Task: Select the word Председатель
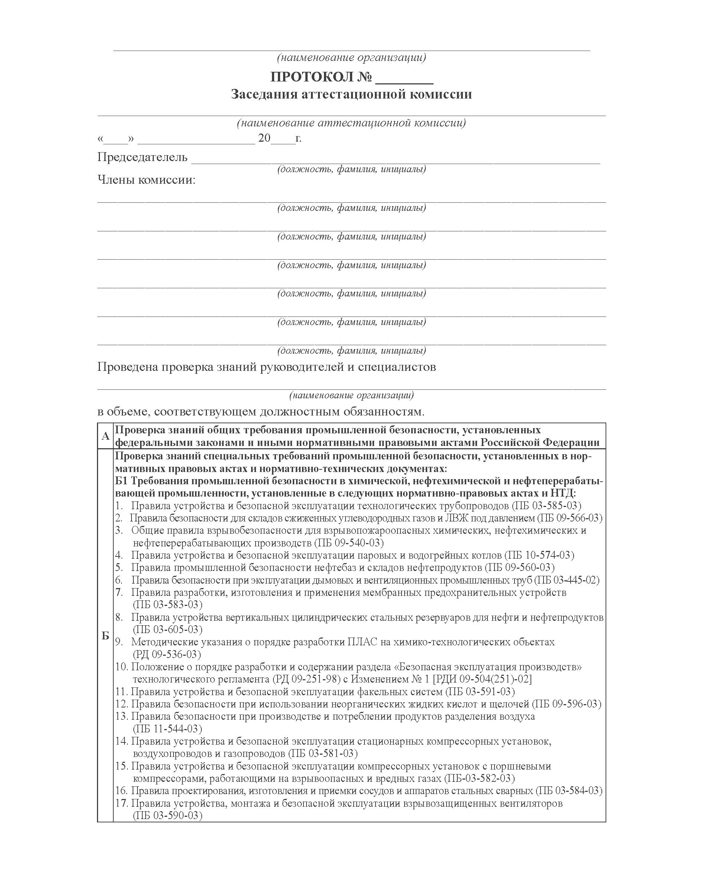point(142,157)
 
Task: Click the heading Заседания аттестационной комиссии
point(351,94)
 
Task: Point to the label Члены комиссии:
point(146,180)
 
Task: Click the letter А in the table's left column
point(106,436)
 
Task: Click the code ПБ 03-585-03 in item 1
point(546,506)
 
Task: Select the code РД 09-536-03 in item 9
point(167,654)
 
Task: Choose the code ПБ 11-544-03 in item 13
point(168,729)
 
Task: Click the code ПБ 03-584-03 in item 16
point(569,790)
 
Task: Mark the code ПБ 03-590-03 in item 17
point(168,815)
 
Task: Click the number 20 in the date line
point(264,138)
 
